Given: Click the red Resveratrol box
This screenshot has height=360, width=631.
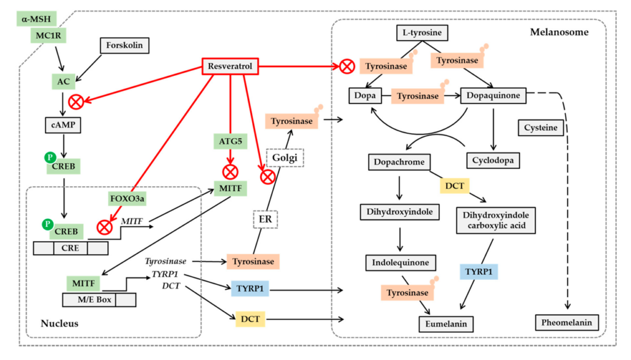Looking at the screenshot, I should [x=230, y=66].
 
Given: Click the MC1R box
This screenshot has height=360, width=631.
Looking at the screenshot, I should [x=47, y=36].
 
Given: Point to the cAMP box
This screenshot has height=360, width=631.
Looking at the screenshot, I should [x=62, y=125].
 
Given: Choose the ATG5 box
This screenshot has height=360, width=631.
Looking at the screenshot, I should [x=230, y=142].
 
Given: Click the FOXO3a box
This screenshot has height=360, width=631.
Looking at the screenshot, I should [x=128, y=198].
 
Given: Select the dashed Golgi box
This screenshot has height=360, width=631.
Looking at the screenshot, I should [x=285, y=158].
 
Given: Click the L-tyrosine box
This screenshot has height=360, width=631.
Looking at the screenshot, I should [x=422, y=33].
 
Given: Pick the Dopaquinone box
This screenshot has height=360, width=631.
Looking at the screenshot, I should [x=492, y=96].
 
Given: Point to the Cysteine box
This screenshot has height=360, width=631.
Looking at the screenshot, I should [x=540, y=128].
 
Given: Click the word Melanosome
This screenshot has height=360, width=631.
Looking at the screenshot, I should [x=559, y=32].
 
